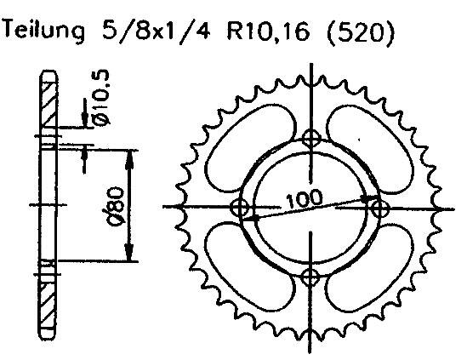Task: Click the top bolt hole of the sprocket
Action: point(312,138)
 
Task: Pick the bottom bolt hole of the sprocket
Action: point(312,275)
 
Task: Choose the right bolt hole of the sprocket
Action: point(380,207)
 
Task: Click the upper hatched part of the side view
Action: point(48,106)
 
